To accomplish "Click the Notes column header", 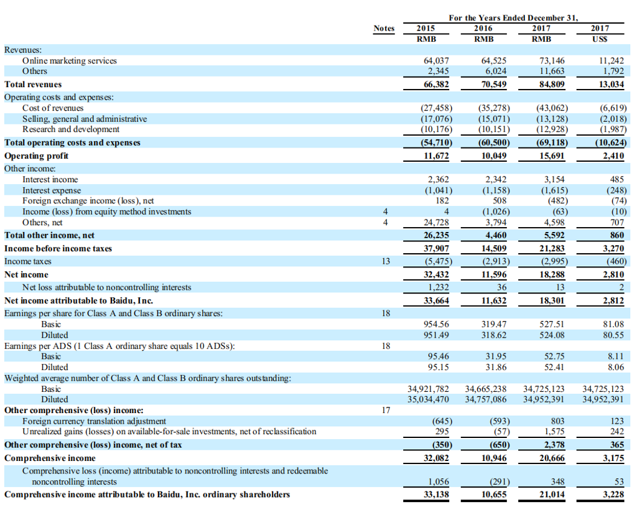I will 384,28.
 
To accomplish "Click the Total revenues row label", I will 33,84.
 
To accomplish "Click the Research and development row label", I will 71,129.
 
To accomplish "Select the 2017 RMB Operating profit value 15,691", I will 550,156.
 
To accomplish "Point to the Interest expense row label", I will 52,190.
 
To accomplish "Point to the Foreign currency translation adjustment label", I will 95,421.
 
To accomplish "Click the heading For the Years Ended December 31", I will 513,17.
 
